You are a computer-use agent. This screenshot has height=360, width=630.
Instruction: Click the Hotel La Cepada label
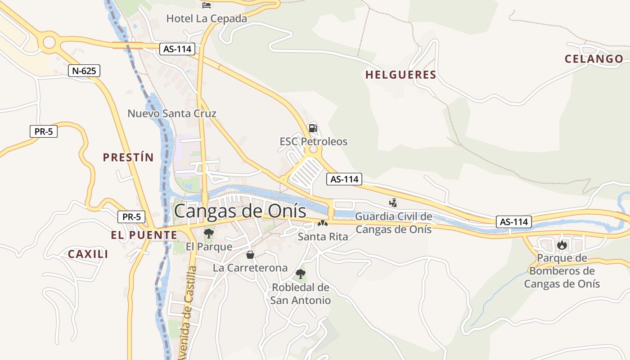(207, 18)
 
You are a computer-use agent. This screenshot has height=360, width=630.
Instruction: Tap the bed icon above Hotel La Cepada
(207, 5)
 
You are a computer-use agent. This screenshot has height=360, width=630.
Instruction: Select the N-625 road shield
(84, 71)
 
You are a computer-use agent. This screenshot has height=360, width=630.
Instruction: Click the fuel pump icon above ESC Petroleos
(313, 128)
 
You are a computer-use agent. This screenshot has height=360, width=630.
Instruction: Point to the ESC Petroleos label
(314, 142)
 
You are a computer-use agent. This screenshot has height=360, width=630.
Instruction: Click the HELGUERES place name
(400, 75)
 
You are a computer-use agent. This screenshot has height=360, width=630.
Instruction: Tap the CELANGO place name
(594, 59)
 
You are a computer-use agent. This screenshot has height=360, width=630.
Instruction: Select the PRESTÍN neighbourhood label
(128, 157)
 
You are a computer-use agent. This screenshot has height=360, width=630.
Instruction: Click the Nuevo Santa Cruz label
(172, 113)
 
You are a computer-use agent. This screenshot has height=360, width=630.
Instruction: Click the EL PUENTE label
(144, 235)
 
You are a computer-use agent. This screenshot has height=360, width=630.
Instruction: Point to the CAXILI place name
(88, 254)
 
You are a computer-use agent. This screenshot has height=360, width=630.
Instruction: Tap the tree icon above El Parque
(208, 233)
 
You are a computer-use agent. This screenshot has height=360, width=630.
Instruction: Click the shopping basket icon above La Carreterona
(250, 255)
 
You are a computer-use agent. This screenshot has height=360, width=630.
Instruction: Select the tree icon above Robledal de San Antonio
(301, 274)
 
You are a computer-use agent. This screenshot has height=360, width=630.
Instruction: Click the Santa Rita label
(323, 237)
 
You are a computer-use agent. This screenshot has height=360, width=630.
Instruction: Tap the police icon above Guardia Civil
(393, 203)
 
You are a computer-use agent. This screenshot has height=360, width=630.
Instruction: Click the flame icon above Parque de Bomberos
(562, 245)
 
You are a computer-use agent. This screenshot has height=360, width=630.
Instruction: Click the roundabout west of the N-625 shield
(49, 43)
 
